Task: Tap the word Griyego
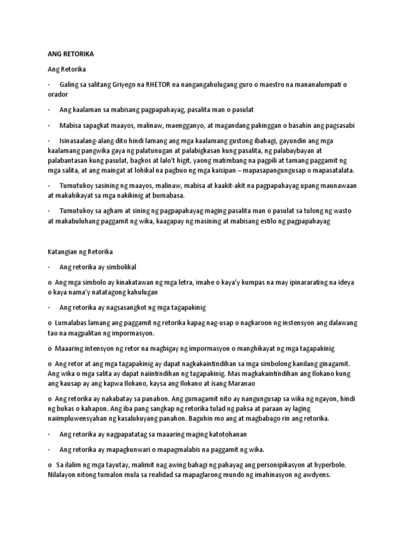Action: tap(121, 85)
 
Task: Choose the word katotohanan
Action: tap(225, 434)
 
